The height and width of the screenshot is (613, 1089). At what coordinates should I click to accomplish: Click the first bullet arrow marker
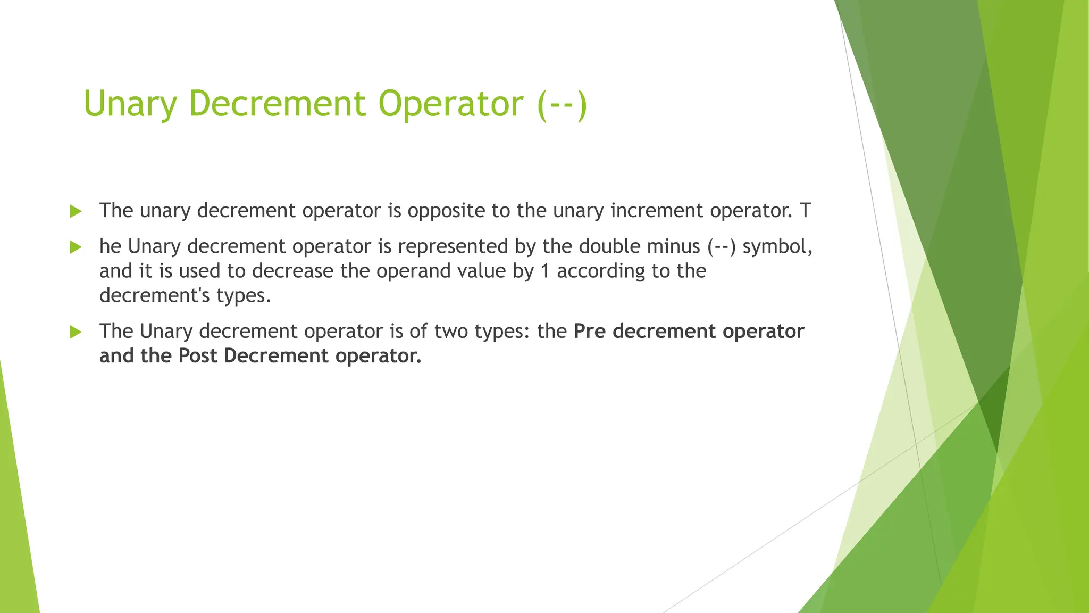coord(76,211)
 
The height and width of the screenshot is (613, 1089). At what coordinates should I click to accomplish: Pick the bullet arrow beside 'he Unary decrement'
coord(76,247)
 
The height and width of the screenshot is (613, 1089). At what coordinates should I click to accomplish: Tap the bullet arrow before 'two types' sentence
coord(76,332)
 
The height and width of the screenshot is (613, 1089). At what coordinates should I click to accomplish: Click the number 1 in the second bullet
coord(544,271)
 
